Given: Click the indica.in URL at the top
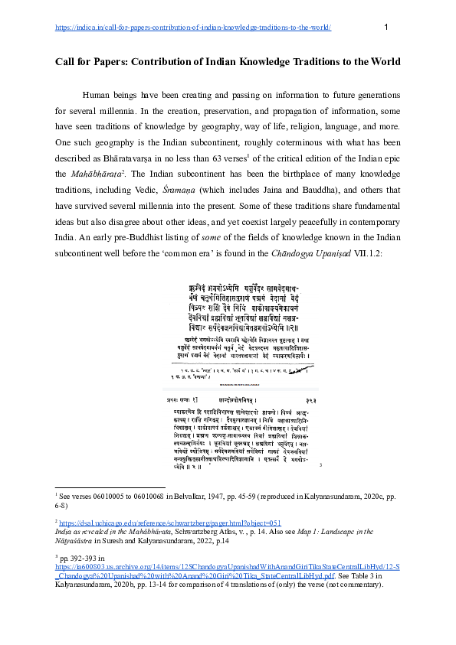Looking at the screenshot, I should point(193,28).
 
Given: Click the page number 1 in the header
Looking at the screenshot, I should point(386,28).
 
